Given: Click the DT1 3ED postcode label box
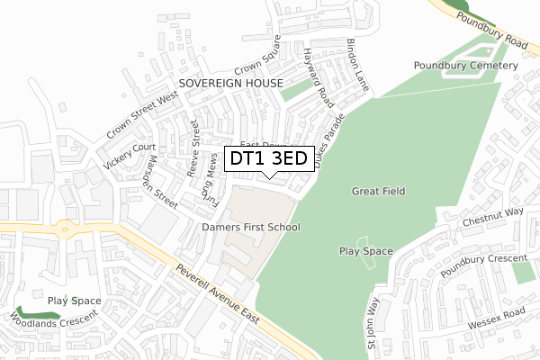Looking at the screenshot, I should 269,158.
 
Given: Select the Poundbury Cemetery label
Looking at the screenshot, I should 465,66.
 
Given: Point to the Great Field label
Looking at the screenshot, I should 380,191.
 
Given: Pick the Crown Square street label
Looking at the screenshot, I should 259,59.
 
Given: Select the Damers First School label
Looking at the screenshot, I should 250,227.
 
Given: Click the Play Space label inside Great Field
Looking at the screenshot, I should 365,251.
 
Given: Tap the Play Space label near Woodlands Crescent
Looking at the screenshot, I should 74,301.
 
